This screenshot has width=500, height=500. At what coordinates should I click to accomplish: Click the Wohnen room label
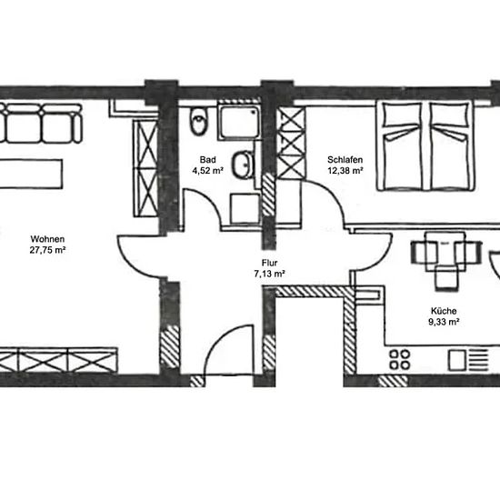(47, 239)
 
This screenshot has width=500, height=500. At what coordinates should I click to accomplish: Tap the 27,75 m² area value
(47, 250)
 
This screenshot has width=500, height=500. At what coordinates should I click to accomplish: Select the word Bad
(207, 159)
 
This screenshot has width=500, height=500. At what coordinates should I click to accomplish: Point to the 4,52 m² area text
(207, 171)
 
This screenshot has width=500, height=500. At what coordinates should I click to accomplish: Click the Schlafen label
(345, 159)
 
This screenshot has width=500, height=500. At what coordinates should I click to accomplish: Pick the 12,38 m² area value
(345, 171)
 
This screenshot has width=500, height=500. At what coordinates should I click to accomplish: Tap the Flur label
(269, 263)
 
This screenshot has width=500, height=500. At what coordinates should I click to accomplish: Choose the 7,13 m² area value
(269, 274)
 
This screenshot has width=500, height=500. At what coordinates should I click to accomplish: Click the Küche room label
(444, 311)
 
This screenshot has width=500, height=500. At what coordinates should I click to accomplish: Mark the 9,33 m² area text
(444, 322)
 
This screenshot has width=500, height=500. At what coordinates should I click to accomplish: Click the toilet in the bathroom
(198, 121)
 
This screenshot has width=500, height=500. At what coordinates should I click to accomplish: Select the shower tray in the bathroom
(239, 122)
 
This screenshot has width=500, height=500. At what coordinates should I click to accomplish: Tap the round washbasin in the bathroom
(243, 165)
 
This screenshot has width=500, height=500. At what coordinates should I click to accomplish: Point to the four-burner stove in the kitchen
(400, 359)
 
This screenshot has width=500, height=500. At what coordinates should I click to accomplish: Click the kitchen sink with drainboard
(468, 360)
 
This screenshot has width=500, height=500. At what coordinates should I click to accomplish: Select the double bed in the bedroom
(425, 145)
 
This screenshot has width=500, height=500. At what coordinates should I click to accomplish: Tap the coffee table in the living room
(31, 175)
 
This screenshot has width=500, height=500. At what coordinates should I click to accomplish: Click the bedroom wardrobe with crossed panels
(291, 143)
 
